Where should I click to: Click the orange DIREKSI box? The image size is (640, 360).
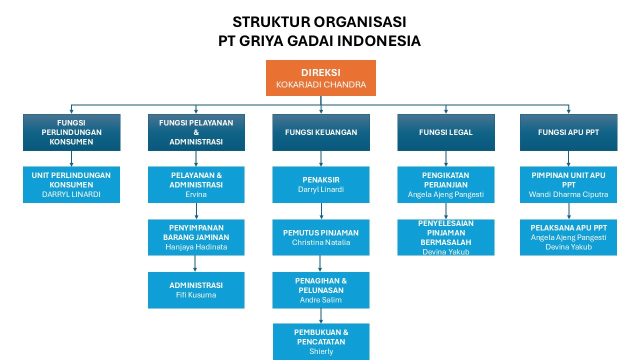[x=320, y=78]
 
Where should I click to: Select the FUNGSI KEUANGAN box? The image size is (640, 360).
[x=321, y=132]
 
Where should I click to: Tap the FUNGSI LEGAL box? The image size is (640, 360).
[x=445, y=132]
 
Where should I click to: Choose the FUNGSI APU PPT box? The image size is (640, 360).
[x=568, y=132]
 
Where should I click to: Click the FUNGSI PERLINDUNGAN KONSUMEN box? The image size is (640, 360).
[x=71, y=132]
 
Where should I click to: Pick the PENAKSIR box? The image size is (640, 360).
[x=321, y=184]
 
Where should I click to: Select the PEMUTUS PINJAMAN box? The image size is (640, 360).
[x=321, y=237]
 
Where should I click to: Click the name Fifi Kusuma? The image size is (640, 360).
[x=196, y=295]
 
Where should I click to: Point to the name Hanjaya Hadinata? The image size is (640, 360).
[x=196, y=247]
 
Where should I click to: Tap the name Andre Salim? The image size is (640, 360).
[x=321, y=299]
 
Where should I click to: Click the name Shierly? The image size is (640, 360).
[x=321, y=351]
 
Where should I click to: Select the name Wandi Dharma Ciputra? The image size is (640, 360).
[x=568, y=194]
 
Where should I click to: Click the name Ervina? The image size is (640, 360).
[x=196, y=194]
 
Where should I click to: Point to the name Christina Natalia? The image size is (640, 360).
[x=321, y=242]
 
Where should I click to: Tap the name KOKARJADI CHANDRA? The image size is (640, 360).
[x=321, y=84]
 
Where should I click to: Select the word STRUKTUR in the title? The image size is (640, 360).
[x=271, y=21]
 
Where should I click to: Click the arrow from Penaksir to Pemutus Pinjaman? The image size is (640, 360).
[x=321, y=211]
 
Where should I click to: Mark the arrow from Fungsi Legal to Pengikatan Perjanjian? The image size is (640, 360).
[x=445, y=158]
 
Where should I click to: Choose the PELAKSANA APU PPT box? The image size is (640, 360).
[x=568, y=237]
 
